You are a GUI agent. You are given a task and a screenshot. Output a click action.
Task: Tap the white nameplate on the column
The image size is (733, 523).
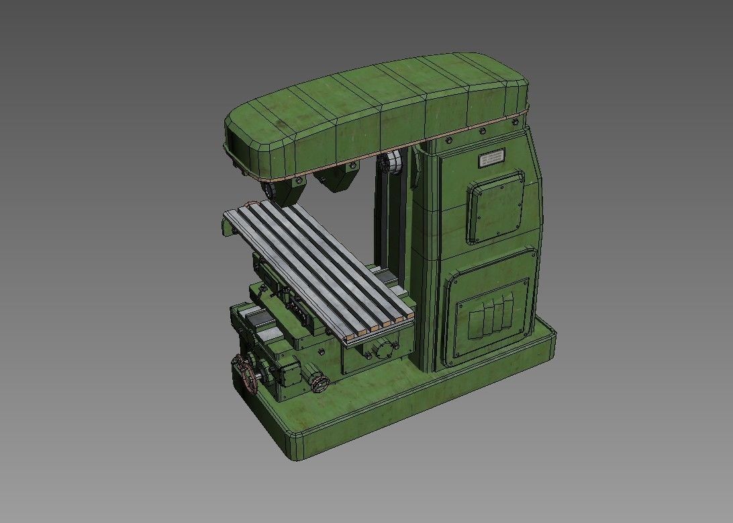coord(493,159)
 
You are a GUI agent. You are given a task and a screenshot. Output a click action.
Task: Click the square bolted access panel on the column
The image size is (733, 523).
coord(496,206)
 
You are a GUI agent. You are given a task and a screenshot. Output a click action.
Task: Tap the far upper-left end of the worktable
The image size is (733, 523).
coord(232,216)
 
